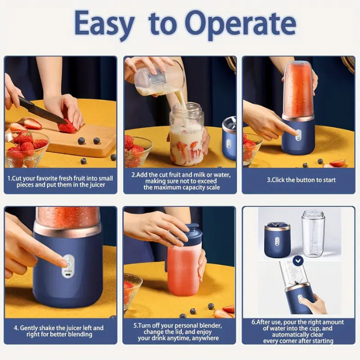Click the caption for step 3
301,180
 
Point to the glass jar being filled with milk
187,137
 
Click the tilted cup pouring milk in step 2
152,81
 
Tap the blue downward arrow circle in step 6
298,260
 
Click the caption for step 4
60,332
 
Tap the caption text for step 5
180,332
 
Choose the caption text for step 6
299,332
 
